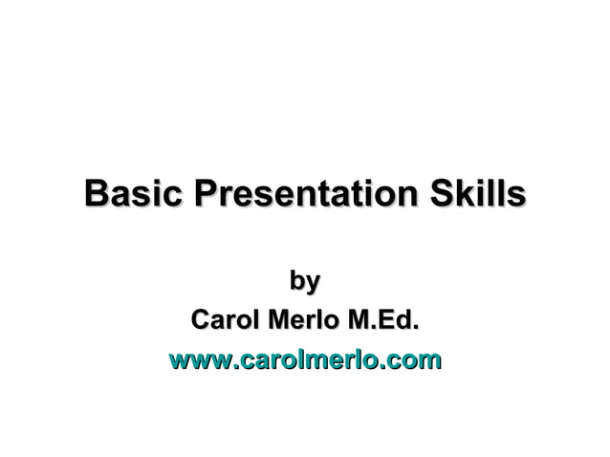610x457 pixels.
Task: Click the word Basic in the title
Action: pos(134,194)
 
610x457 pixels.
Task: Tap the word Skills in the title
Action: pos(475,194)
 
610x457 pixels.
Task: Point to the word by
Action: pos(304,282)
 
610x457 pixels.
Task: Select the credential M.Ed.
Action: pos(381,319)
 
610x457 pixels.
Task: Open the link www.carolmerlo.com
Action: pos(304,360)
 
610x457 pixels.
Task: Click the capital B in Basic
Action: pos(95,194)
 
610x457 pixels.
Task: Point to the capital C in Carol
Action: pos(201,319)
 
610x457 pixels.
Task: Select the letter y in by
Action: pos(312,284)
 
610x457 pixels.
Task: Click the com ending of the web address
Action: pos(417,360)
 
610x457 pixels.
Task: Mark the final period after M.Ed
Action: pos(416,328)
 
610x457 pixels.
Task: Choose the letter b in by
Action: pos(296,281)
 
